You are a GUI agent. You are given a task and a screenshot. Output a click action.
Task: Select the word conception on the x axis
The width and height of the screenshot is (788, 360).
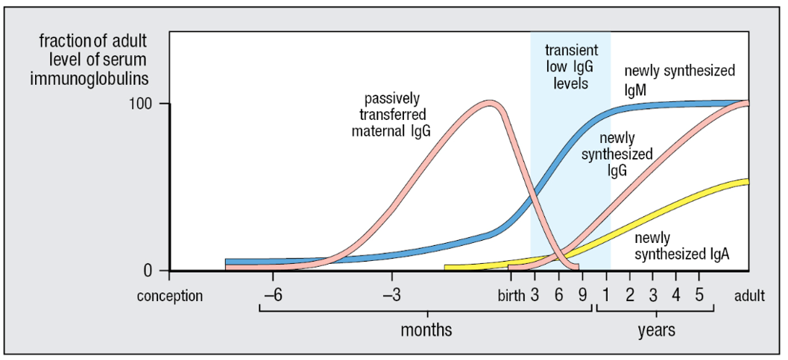(169, 296)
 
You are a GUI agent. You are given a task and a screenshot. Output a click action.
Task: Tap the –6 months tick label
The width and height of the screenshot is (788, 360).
(271, 295)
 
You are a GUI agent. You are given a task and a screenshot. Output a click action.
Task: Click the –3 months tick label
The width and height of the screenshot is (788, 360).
(393, 295)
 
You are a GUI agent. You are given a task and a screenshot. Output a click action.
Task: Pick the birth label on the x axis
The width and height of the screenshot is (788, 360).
(511, 295)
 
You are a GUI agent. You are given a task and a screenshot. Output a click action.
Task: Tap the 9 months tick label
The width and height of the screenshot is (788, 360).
(582, 295)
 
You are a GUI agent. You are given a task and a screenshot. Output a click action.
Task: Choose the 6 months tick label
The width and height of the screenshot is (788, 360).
(558, 295)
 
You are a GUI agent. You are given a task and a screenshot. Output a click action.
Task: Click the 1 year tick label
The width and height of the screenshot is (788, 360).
(606, 295)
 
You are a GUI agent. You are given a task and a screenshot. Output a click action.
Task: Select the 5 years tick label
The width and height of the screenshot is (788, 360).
(699, 295)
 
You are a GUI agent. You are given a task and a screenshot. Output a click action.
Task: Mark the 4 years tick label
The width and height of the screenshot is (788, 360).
(676, 295)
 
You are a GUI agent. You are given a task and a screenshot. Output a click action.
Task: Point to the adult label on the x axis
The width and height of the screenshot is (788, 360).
(749, 296)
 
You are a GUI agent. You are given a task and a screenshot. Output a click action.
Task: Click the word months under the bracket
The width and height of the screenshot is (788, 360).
(426, 329)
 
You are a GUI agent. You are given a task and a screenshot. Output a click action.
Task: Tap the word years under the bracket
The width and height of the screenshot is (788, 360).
(656, 329)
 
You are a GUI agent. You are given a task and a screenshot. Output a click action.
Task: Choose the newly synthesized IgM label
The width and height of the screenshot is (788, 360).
(679, 80)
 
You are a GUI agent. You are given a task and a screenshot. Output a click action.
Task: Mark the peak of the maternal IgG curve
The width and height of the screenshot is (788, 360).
(489, 103)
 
